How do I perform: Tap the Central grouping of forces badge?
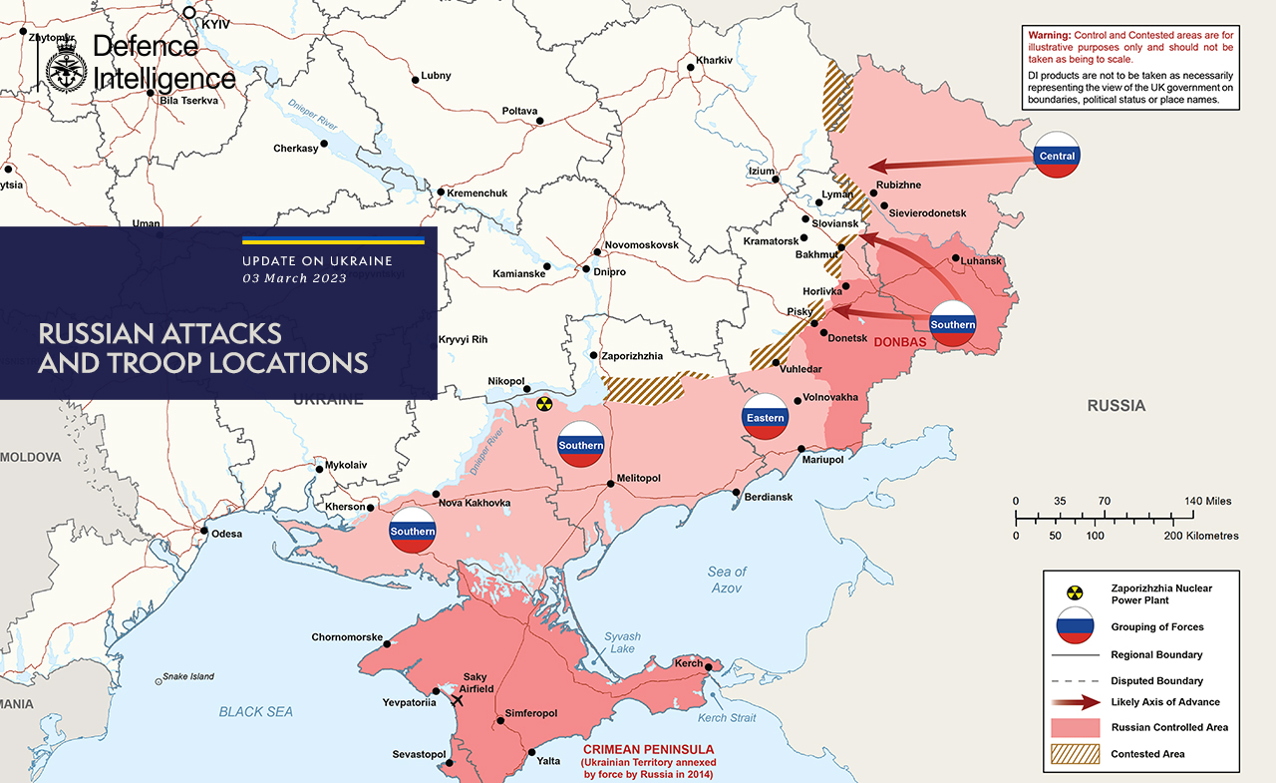pos(1057,156)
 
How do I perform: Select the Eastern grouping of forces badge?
pos(765,418)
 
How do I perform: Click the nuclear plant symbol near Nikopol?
pos(543,404)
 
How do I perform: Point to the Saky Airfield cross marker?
pos(458,700)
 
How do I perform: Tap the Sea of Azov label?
pos(727,580)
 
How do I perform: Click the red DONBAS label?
pos(900,342)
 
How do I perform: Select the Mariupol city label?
pos(822,460)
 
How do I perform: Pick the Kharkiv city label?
pos(714,61)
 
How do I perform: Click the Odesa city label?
pos(226,534)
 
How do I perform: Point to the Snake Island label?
pos(188,676)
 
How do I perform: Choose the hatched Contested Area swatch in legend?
pos(1073,754)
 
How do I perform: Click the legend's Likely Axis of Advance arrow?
pos(1073,702)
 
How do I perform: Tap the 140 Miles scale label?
pos(1207,501)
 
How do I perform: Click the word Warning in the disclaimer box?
pos(1050,36)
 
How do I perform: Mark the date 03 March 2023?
pos(295,278)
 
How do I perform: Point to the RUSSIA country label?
pos(1116,406)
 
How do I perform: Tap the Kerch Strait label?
pos(726,718)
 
